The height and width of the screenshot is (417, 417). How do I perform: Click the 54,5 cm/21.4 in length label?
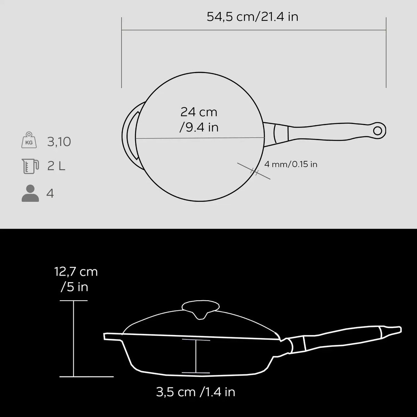pos(253,17)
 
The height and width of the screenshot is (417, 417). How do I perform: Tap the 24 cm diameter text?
pos(199,112)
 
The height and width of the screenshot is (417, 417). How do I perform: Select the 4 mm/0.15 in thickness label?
pos(291,164)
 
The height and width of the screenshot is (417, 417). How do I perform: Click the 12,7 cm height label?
pos(76,272)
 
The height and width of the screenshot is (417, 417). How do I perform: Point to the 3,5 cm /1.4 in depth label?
pos(196,392)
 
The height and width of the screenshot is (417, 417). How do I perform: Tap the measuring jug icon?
pos(30,166)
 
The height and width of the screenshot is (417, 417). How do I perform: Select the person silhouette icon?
pos(30,193)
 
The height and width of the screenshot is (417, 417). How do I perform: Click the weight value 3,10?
pos(59,142)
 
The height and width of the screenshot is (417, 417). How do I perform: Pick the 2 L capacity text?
pos(56,166)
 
